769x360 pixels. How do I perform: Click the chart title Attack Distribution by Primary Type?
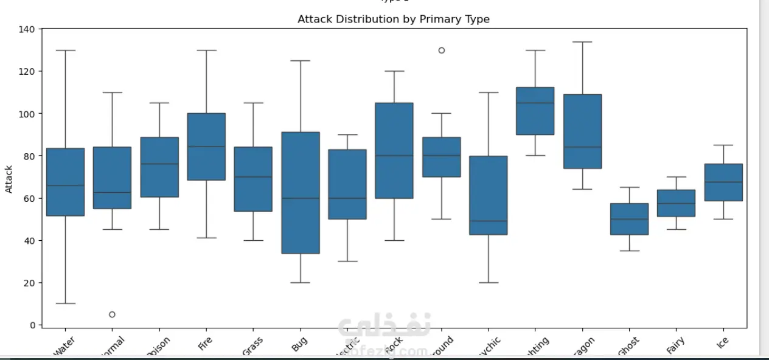pos(393,19)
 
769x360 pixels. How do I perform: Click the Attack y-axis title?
pos(9,179)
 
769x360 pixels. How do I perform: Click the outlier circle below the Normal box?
pos(112,314)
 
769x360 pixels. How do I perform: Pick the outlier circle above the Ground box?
pos(441,50)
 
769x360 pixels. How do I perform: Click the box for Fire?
pos(206,146)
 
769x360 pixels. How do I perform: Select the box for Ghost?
pos(629,219)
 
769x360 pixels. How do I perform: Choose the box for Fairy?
pos(676,203)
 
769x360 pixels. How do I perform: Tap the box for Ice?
pos(723,182)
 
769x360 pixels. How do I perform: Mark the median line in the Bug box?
pos(301,198)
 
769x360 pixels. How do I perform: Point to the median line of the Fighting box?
pos(535,103)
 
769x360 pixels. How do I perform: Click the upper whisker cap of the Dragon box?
pos(582,42)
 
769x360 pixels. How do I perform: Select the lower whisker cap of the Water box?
pos(65,303)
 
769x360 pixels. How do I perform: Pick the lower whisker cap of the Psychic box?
pos(488,283)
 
